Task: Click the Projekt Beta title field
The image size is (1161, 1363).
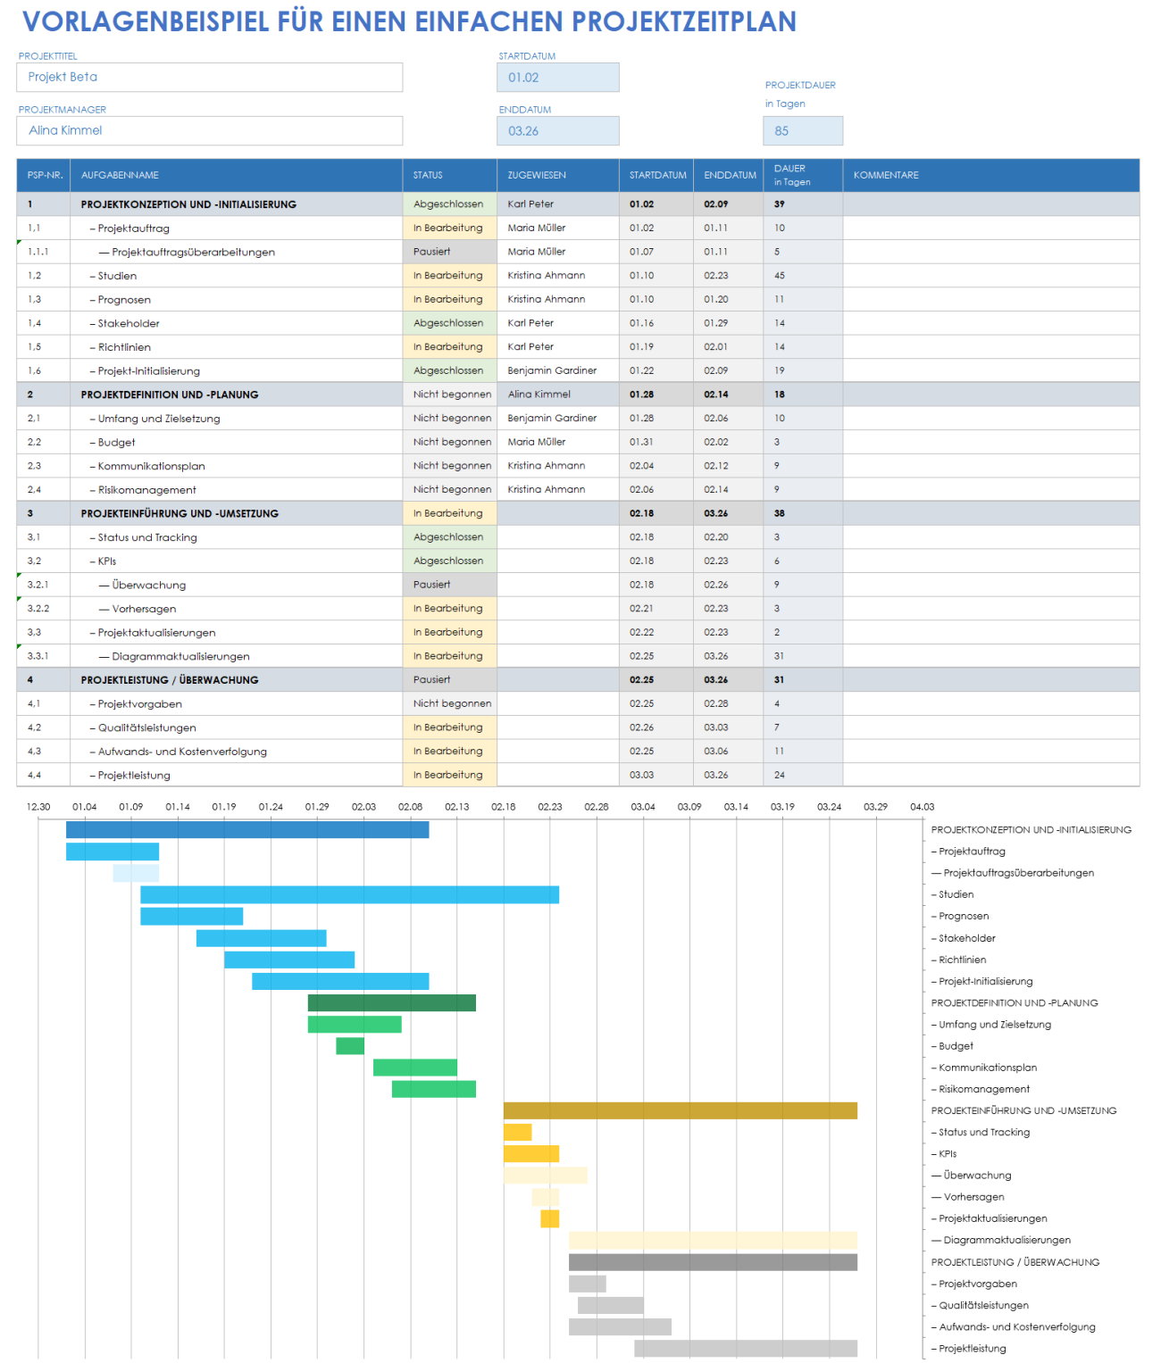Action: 209,78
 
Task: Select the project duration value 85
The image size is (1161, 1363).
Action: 802,131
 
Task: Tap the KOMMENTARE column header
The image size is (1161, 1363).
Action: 990,175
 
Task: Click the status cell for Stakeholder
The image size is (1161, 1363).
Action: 449,323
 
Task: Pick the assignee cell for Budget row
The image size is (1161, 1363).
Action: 556,442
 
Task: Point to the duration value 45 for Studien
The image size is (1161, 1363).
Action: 780,276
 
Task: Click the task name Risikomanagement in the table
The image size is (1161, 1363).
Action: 147,490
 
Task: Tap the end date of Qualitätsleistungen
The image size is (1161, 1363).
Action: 716,727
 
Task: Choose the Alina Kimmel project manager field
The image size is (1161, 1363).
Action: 209,131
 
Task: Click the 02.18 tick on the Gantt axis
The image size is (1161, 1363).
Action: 504,807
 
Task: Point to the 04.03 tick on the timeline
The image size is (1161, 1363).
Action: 923,807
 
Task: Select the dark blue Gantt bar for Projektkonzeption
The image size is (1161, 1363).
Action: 247,830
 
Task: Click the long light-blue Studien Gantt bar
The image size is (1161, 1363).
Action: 349,894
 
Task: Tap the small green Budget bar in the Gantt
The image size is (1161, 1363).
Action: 350,1046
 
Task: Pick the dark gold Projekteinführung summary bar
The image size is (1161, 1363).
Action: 680,1110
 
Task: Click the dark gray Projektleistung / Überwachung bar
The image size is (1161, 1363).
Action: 713,1262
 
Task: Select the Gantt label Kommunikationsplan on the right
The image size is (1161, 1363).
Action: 988,1068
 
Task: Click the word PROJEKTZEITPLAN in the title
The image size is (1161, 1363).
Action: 683,21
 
